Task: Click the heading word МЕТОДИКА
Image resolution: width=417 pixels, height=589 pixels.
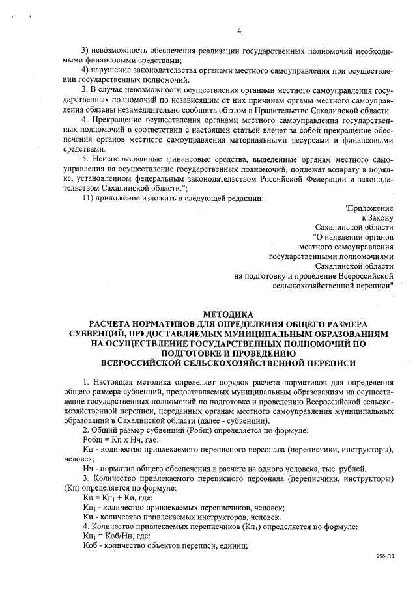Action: click(x=229, y=314)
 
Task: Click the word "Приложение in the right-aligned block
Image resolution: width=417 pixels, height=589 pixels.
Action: click(x=369, y=208)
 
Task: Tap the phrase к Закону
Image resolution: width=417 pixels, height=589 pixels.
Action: click(x=377, y=218)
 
